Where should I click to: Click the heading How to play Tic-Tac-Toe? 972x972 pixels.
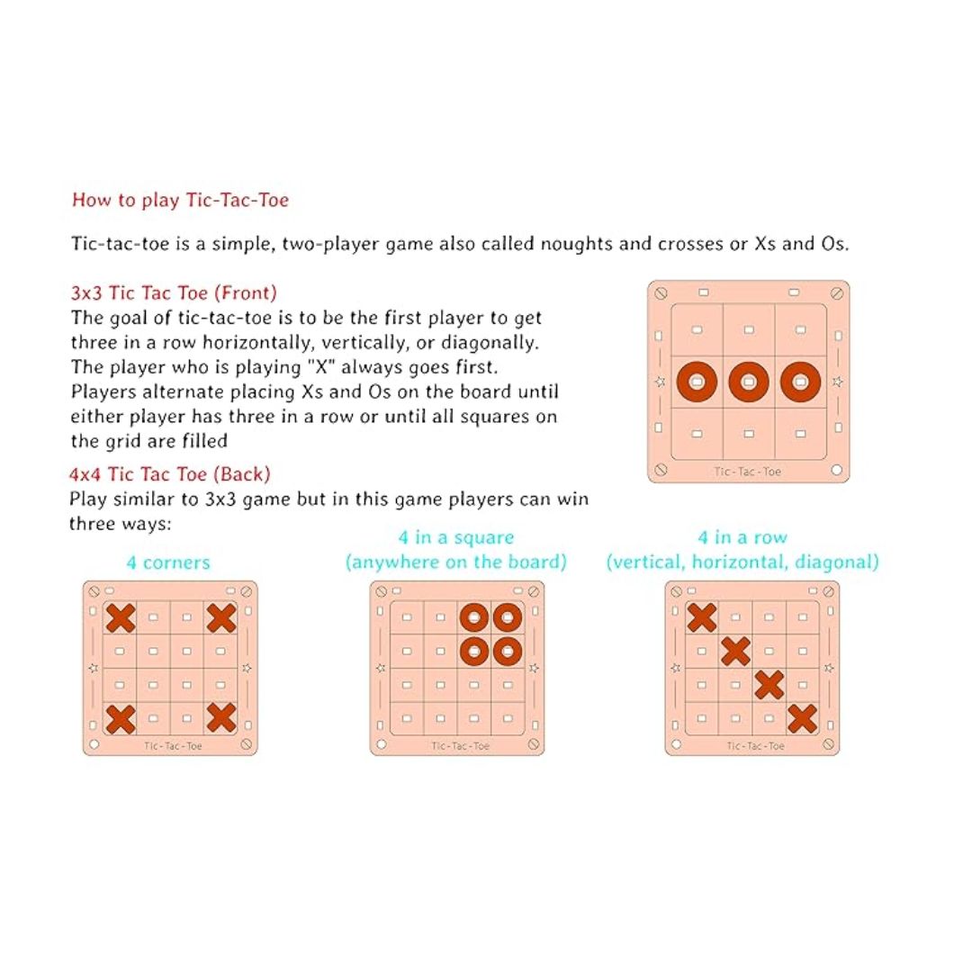180,200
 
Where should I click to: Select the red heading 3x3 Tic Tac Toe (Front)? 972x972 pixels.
174,292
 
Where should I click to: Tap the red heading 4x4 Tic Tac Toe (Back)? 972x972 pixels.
170,474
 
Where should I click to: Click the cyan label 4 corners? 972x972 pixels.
168,562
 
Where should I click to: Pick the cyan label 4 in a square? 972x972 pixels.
456,537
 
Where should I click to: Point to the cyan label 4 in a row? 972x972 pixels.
742,537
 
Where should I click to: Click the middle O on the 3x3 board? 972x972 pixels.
749,382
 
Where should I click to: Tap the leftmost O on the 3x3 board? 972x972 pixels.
697,382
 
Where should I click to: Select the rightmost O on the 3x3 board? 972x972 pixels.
800,382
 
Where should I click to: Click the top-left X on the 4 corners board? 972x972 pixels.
121,618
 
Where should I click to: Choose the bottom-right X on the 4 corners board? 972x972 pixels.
220,718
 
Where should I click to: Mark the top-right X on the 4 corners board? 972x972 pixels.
220,618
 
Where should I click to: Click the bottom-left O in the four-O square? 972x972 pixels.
474,651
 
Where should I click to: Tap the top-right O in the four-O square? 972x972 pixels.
508,618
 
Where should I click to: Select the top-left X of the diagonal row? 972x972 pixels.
702,618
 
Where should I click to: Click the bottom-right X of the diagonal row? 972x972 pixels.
802,718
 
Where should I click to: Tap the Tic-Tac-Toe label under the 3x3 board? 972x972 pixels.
747,472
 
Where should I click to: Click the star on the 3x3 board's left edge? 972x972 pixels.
660,382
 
